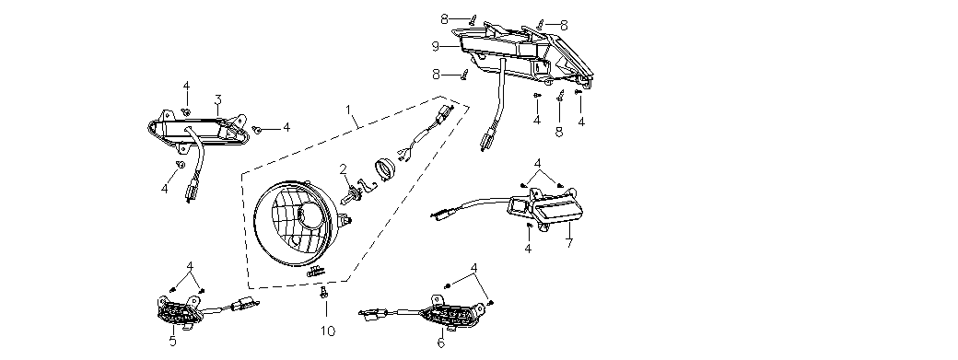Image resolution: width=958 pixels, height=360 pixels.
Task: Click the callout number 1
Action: [x=348, y=110]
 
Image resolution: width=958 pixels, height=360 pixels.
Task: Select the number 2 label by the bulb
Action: [x=344, y=169]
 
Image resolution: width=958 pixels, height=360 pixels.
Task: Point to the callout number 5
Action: [x=173, y=342]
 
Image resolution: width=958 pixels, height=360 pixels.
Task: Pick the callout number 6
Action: [x=441, y=343]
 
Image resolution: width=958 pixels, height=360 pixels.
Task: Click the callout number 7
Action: [x=569, y=243]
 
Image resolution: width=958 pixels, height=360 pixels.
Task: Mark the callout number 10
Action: [x=328, y=331]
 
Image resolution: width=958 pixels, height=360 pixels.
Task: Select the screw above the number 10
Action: [x=324, y=294]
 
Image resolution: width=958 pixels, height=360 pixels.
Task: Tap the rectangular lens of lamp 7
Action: [x=558, y=215]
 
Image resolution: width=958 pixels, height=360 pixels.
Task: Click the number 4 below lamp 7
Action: [x=528, y=249]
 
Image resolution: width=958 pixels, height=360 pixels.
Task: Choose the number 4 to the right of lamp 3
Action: [x=286, y=128]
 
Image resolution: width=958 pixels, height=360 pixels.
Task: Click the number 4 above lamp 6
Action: [x=474, y=268]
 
